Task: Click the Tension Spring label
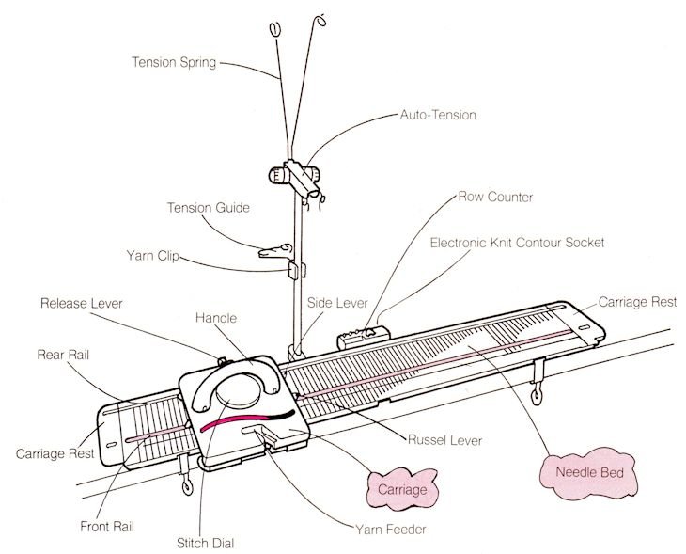pyautogui.click(x=174, y=64)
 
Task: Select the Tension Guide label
pyautogui.click(x=208, y=208)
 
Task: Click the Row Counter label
pyautogui.click(x=496, y=198)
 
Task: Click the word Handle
pyautogui.click(x=216, y=319)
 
